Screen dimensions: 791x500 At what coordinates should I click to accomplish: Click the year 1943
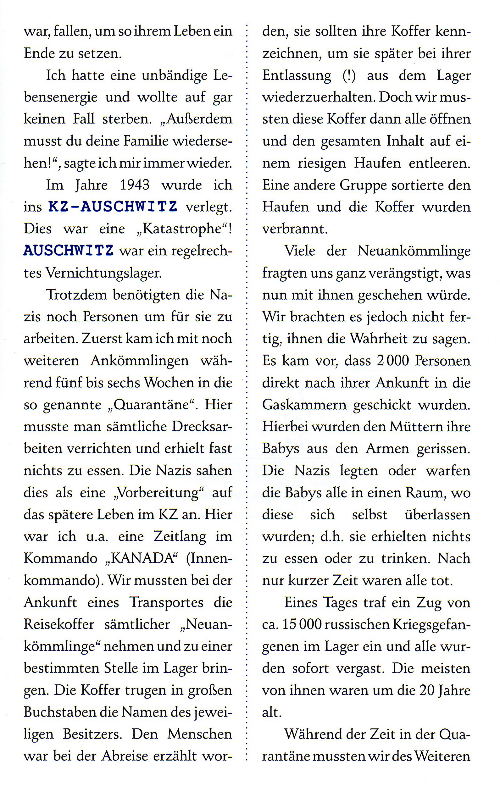135,185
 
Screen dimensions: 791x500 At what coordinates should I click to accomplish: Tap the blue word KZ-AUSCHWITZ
113,207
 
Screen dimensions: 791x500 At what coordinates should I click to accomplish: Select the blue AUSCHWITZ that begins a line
68,251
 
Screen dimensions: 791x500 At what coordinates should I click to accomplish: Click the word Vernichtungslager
103,273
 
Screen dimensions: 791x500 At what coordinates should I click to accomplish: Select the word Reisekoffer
59,624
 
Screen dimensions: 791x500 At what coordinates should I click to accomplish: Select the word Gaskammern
304,405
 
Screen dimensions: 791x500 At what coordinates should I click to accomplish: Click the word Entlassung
297,75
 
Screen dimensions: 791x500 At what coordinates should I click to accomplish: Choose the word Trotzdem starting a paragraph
76,295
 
